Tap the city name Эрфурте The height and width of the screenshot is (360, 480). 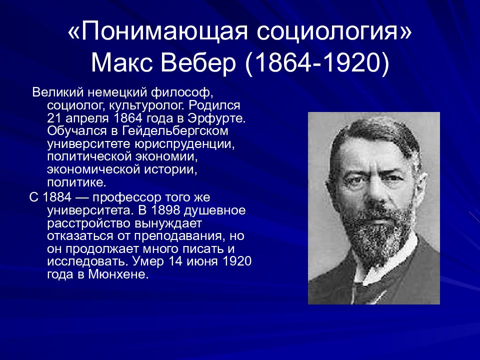[x=220, y=118]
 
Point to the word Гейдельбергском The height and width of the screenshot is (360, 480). [x=167, y=131]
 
